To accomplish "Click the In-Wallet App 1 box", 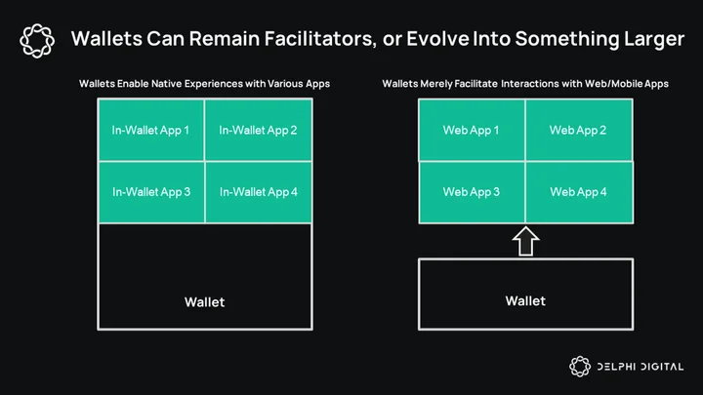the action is [x=151, y=130].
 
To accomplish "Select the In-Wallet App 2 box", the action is [x=258, y=130].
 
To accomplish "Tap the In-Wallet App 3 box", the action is [x=151, y=192].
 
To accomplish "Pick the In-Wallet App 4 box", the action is [x=258, y=192].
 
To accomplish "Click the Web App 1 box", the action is [x=472, y=130].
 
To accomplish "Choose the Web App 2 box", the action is [x=579, y=130].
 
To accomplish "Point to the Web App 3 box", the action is [x=472, y=192].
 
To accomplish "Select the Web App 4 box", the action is [x=579, y=192].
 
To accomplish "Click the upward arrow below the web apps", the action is [x=525, y=242].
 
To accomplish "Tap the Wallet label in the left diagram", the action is [x=204, y=301].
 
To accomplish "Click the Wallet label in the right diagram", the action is [x=525, y=301].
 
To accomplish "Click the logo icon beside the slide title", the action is [x=37, y=41].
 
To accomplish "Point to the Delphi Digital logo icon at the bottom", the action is [x=580, y=367].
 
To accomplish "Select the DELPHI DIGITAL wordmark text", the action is [x=641, y=367].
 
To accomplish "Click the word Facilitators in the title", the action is [x=320, y=38].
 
